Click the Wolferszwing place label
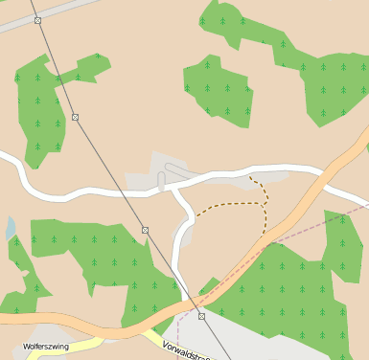click(x=46, y=347)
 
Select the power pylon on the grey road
click(x=37, y=20)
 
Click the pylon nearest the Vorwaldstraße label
click(x=201, y=316)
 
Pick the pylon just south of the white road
click(x=146, y=230)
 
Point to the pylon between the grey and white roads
click(x=75, y=117)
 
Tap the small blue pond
click(x=10, y=228)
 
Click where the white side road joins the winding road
click(x=173, y=190)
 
